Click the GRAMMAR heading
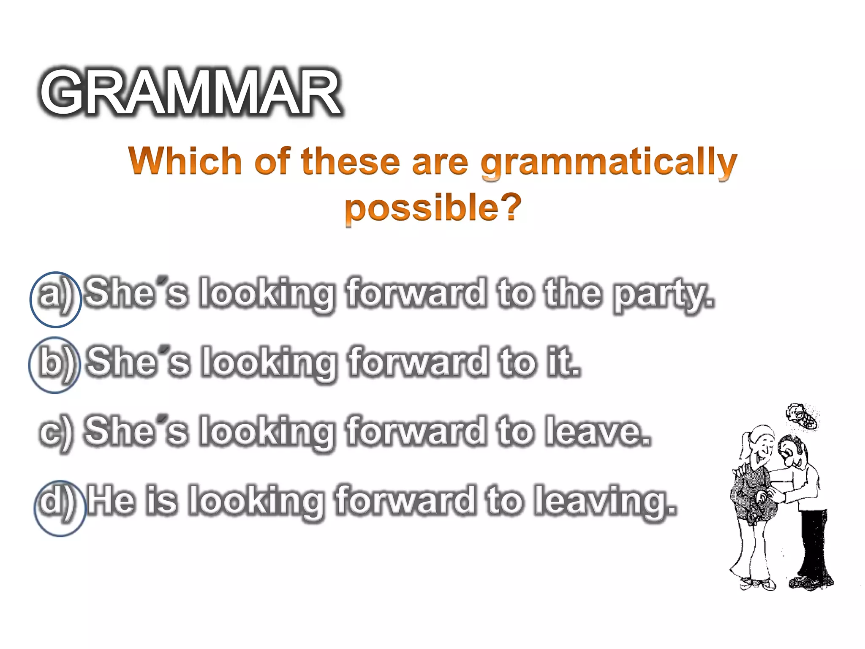[190, 92]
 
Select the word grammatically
[608, 163]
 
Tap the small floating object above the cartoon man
[802, 416]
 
